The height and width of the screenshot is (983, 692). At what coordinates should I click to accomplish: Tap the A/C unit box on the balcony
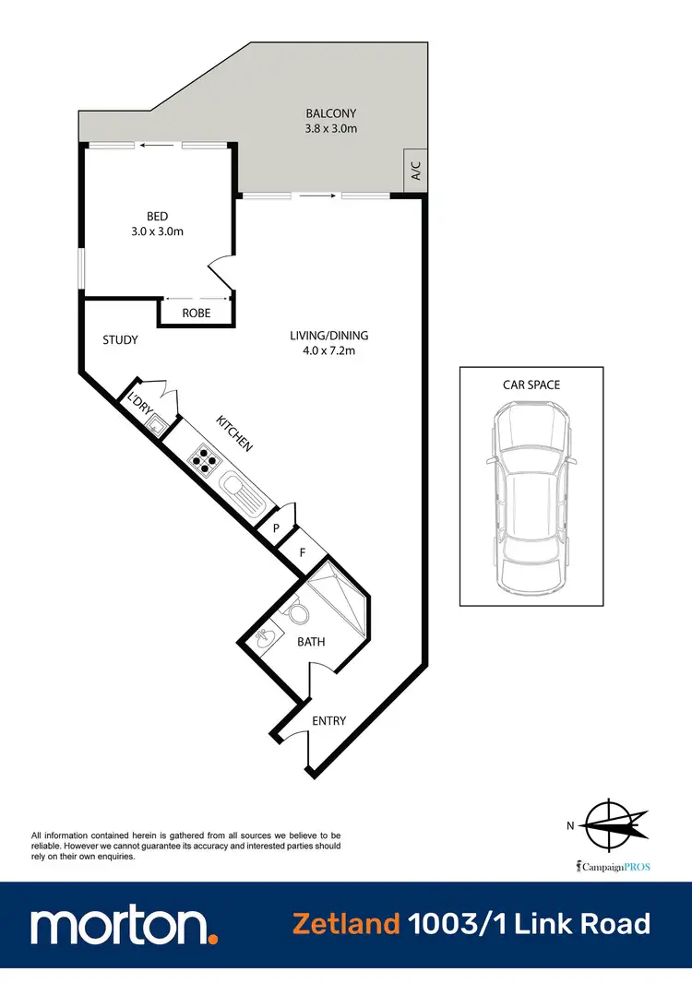(x=415, y=171)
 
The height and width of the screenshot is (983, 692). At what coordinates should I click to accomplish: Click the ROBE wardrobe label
(x=196, y=314)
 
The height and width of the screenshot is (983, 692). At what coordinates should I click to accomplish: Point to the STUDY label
(x=120, y=340)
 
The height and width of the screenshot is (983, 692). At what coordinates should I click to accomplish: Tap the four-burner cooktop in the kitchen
(x=203, y=457)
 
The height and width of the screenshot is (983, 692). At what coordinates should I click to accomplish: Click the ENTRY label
(x=329, y=720)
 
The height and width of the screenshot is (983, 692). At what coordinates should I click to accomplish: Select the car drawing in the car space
(x=531, y=499)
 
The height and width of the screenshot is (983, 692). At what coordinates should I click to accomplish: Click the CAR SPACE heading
(x=531, y=385)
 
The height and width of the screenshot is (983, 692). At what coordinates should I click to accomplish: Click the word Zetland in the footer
(x=346, y=923)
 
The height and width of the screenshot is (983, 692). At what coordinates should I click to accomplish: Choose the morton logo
(x=125, y=925)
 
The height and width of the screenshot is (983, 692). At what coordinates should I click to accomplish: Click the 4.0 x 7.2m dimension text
(x=329, y=350)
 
